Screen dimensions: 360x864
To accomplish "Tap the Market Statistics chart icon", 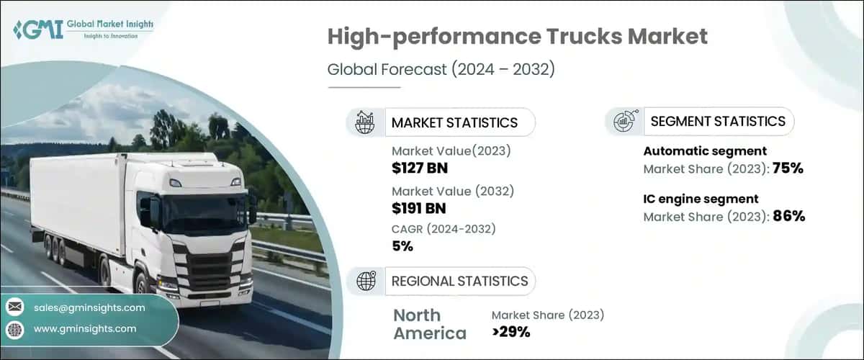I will pyautogui.click(x=365, y=122).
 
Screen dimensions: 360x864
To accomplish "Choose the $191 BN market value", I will pyautogui.click(x=418, y=209).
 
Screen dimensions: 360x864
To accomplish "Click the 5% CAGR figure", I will pyautogui.click(x=402, y=246).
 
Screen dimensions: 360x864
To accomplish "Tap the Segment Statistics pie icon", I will pyautogui.click(x=623, y=122).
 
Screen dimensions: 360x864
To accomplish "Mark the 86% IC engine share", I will pyautogui.click(x=788, y=216).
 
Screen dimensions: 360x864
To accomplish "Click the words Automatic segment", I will pyautogui.click(x=694, y=151).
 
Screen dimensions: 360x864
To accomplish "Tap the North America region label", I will pyautogui.click(x=430, y=324).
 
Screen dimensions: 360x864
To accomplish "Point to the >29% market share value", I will pyautogui.click(x=510, y=332).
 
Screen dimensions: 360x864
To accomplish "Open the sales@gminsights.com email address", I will pyautogui.click(x=89, y=307).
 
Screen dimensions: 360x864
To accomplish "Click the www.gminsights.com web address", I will pyautogui.click(x=85, y=328).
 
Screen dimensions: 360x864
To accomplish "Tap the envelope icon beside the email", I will pyautogui.click(x=15, y=307).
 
